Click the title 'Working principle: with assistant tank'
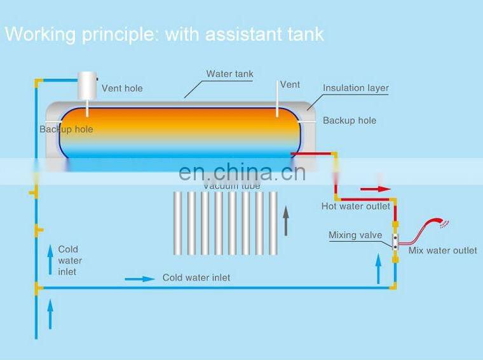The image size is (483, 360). [164, 34]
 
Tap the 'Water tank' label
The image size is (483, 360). [229, 74]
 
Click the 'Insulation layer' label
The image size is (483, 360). [355, 88]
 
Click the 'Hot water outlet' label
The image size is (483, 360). [356, 206]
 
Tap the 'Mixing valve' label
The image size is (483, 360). [355, 235]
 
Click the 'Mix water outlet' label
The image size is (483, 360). [442, 250]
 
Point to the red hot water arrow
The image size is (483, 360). [376, 189]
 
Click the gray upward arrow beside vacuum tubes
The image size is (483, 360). [286, 220]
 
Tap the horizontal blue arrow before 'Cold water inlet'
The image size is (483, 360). [140, 278]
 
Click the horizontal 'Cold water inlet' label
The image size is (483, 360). [196, 277]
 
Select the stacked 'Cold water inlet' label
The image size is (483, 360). [70, 260]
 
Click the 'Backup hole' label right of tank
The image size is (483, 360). [349, 120]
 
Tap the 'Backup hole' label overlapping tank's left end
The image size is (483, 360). [66, 129]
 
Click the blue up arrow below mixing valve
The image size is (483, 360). [379, 271]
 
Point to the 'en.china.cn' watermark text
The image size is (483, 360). [242, 172]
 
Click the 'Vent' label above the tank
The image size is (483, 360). [290, 84]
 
